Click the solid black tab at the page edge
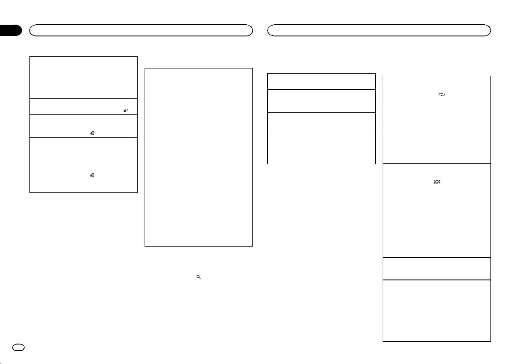pos(10,30)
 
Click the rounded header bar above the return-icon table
pos(141,30)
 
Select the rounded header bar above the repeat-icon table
pos(379,30)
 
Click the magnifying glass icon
pos(198,276)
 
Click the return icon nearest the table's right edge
pos(125,111)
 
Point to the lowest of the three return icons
pos(92,175)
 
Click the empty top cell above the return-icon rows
pos(83,77)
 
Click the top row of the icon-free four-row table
pos(321,81)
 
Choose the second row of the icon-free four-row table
pos(321,101)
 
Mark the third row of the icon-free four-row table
pos(321,123)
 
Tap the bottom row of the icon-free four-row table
pos(321,149)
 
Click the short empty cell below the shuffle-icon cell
pos(436,269)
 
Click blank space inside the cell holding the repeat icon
pos(436,130)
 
